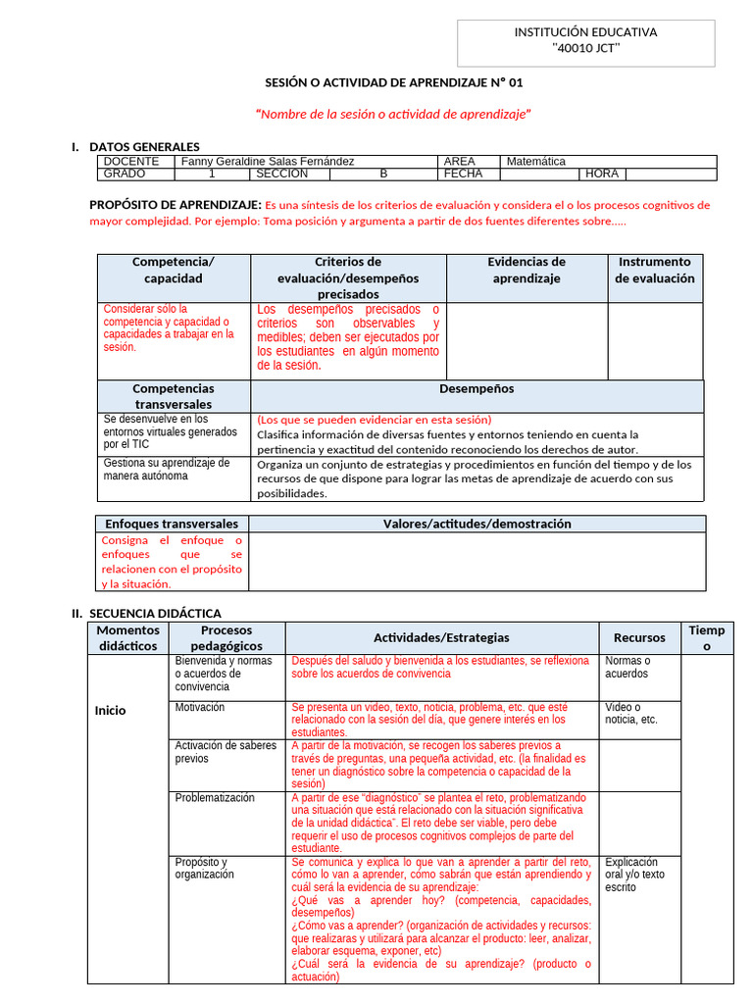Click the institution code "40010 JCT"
point(585,48)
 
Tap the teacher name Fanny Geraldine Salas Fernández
point(267,161)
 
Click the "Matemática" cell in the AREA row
point(535,161)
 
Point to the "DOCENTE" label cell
point(131,161)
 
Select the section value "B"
point(383,174)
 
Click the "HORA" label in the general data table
point(602,174)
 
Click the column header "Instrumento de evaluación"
point(654,270)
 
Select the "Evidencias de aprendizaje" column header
point(527,270)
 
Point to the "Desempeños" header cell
point(477,389)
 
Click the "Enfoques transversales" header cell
point(172,524)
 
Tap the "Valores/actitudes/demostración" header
point(477,524)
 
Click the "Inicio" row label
point(110,710)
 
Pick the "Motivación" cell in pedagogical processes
point(200,707)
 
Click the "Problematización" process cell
point(215,797)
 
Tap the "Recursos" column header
point(639,637)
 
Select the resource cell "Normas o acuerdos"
point(627,667)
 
